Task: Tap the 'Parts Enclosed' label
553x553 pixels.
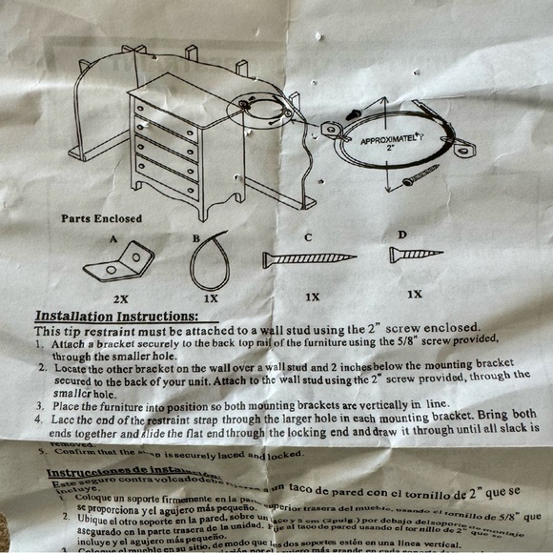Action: pyautogui.click(x=101, y=218)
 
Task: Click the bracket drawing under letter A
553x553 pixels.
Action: pyautogui.click(x=119, y=263)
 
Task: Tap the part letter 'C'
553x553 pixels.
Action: pyautogui.click(x=307, y=236)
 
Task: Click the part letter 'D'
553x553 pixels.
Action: pyautogui.click(x=401, y=234)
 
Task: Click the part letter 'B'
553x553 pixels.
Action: pyautogui.click(x=196, y=237)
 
